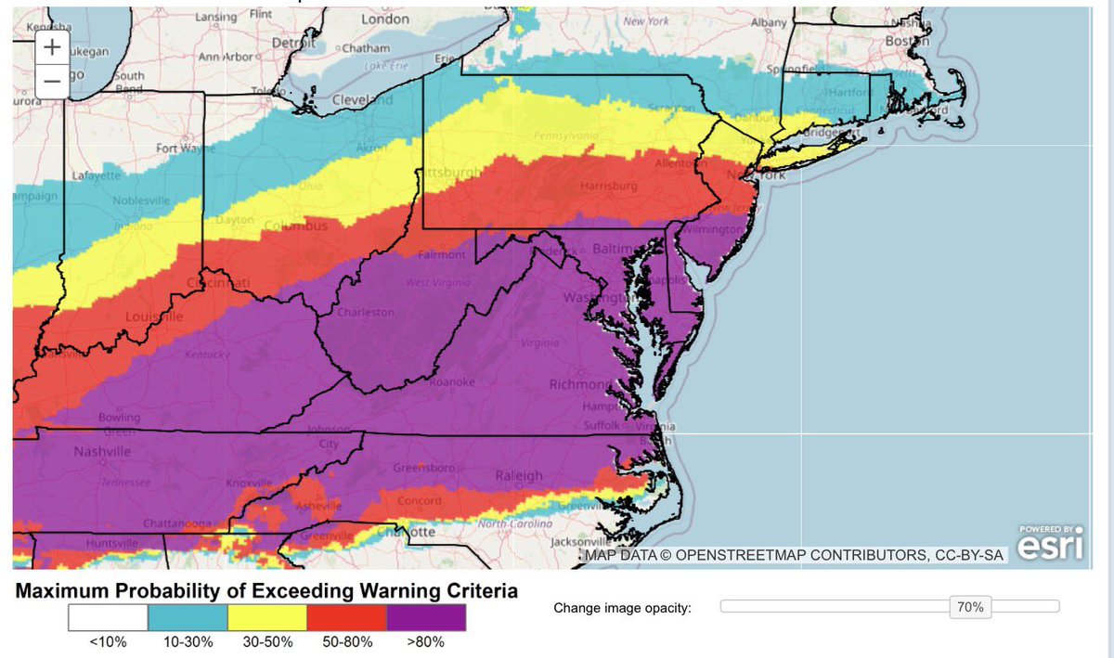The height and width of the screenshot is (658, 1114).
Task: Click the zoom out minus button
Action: coord(52,83)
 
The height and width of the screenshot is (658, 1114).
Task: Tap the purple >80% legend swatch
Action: coord(426,618)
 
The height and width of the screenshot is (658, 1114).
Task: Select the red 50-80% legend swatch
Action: coord(347,618)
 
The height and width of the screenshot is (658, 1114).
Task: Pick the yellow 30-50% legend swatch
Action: coord(267,618)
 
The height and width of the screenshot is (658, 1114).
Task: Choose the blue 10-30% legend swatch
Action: coord(188,618)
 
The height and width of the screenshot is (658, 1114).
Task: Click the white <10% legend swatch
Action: coord(108,618)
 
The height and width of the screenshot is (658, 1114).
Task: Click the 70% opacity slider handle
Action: coord(971,608)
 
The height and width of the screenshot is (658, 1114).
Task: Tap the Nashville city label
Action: coord(77,452)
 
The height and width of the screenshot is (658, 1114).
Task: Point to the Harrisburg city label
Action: coord(608,187)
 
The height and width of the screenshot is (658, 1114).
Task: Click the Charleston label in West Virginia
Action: coord(366,313)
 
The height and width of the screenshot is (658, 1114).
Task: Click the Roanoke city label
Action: coord(452,382)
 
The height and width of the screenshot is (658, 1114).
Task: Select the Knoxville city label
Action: coord(249,484)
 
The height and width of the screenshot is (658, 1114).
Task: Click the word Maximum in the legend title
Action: coord(69,590)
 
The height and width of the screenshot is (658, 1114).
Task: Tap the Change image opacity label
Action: coord(622,608)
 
